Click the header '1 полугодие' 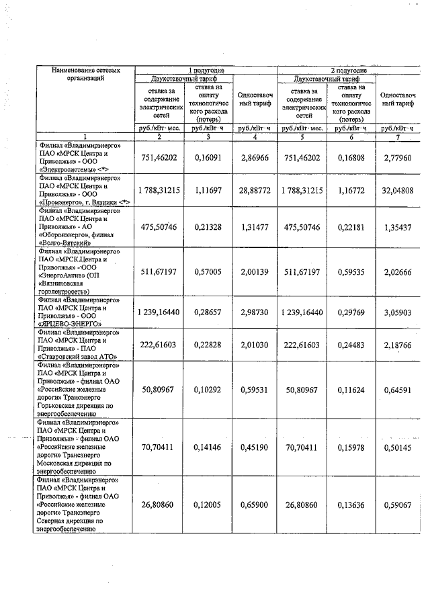click(206, 71)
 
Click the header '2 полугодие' click(348, 71)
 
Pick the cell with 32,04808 click(397, 191)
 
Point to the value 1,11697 click(206, 191)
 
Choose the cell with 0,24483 click(348, 345)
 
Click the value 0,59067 click(397, 504)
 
